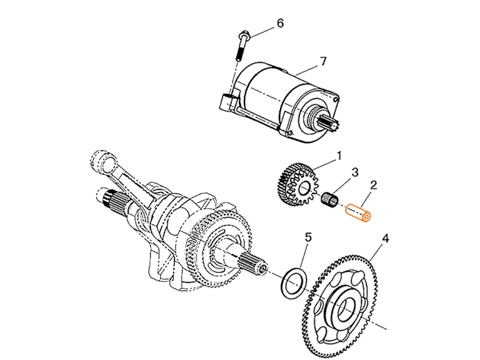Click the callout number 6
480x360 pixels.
tap(281, 24)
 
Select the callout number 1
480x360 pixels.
tap(339, 156)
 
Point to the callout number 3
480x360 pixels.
tap(355, 170)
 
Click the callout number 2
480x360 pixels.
tap(375, 183)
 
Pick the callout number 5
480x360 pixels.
tap(309, 238)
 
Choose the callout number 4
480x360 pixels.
tap(385, 239)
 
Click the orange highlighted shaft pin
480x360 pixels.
tap(359, 213)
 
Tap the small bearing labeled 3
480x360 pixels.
tap(332, 201)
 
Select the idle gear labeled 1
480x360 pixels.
tap(296, 186)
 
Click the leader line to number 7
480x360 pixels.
tap(308, 69)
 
